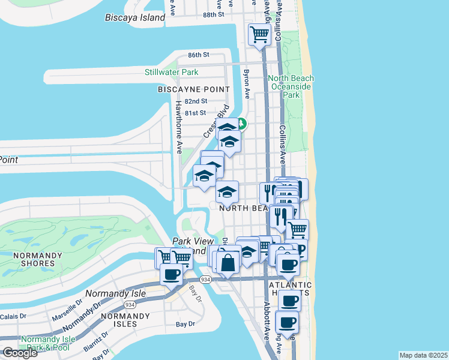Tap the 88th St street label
point(213,14)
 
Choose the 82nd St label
point(196,101)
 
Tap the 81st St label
point(196,113)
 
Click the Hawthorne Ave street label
point(178,126)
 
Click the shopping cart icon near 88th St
point(259,34)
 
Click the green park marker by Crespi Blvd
point(241,124)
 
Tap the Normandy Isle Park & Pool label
point(48,343)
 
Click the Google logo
point(20,352)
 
